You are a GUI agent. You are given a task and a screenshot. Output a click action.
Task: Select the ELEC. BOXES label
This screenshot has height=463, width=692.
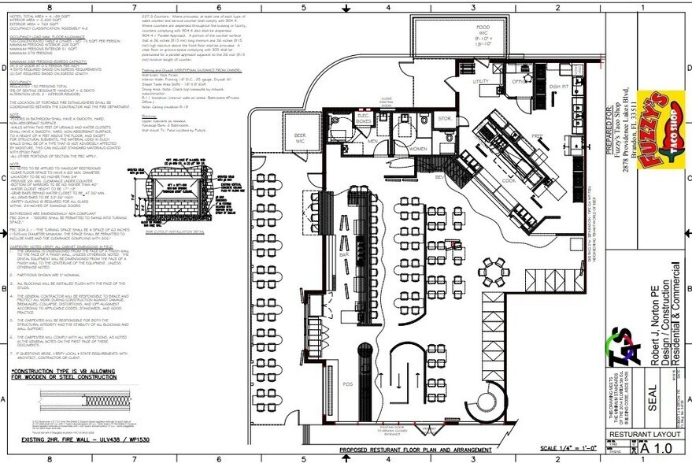pyautogui.click(x=364, y=119)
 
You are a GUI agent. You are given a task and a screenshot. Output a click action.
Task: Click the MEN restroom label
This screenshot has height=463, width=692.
pyautogui.click(x=372, y=142)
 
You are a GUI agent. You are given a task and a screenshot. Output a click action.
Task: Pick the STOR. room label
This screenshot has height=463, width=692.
pyautogui.click(x=445, y=119)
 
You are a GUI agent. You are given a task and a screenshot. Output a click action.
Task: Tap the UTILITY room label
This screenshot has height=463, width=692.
pyautogui.click(x=481, y=81)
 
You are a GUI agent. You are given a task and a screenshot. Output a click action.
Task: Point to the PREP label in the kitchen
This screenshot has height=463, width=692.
pyautogui.click(x=538, y=135)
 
